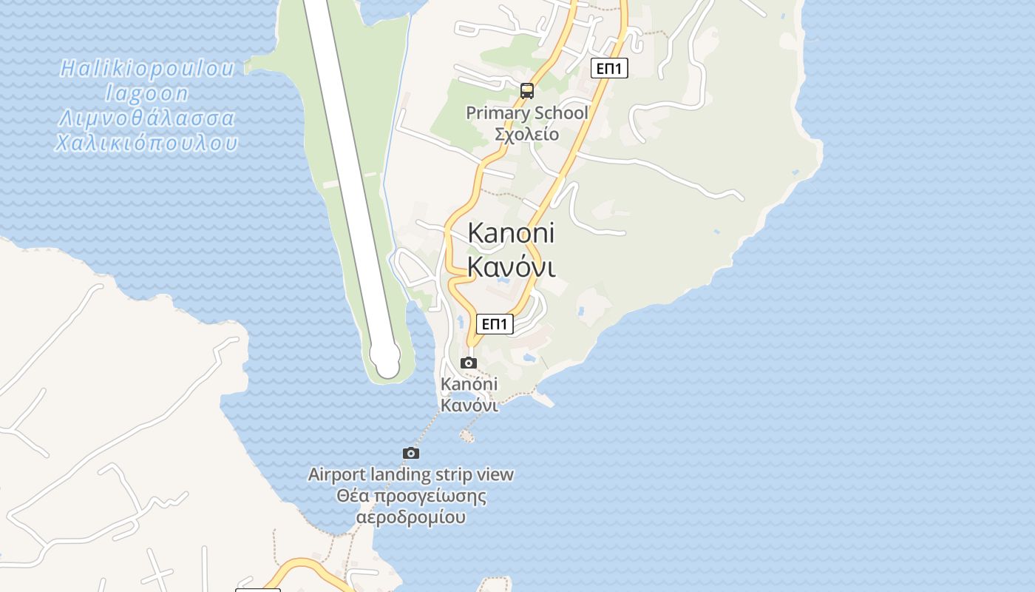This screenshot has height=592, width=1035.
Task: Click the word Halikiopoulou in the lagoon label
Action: (x=147, y=69)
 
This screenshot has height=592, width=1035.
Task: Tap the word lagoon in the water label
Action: (x=147, y=94)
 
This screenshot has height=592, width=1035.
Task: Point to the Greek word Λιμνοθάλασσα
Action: (x=147, y=118)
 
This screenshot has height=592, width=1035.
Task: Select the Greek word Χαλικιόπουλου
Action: (x=147, y=143)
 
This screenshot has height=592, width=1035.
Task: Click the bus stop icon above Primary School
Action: (x=527, y=91)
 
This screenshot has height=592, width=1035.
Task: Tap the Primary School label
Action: (x=527, y=113)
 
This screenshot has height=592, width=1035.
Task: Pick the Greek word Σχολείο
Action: (x=527, y=135)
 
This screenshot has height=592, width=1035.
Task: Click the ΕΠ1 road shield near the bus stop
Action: (x=610, y=68)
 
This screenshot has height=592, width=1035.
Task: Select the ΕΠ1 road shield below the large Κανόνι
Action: (x=495, y=324)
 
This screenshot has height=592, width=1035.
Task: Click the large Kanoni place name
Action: (x=511, y=233)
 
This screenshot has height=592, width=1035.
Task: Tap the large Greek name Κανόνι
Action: (x=511, y=266)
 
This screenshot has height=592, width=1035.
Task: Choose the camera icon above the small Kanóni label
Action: (x=469, y=363)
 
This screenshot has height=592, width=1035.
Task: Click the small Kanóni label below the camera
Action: (x=469, y=384)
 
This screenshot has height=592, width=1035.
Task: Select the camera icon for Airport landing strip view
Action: (x=411, y=453)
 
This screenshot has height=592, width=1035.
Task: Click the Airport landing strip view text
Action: (x=410, y=474)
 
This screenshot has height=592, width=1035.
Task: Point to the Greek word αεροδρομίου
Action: (x=411, y=517)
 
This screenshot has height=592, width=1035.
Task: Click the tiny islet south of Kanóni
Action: (x=467, y=436)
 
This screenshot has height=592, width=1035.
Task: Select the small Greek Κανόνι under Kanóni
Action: (x=469, y=405)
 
